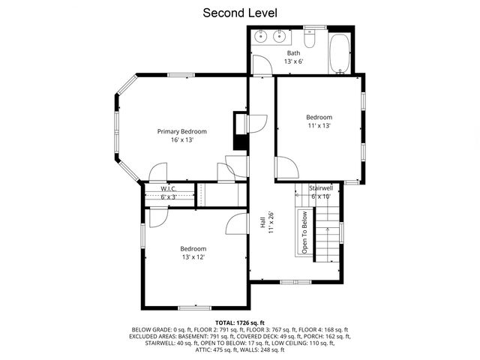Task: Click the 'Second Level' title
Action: click(240, 13)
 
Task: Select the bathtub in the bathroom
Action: click(341, 52)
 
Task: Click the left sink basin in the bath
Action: click(262, 34)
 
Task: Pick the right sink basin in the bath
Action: click(280, 34)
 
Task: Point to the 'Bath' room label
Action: click(294, 52)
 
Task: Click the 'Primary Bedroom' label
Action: click(181, 131)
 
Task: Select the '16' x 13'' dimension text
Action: click(181, 140)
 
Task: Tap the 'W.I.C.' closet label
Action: click(169, 189)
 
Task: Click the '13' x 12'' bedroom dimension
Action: click(193, 257)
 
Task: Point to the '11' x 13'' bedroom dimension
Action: click(319, 126)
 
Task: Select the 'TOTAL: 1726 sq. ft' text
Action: click(240, 321)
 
